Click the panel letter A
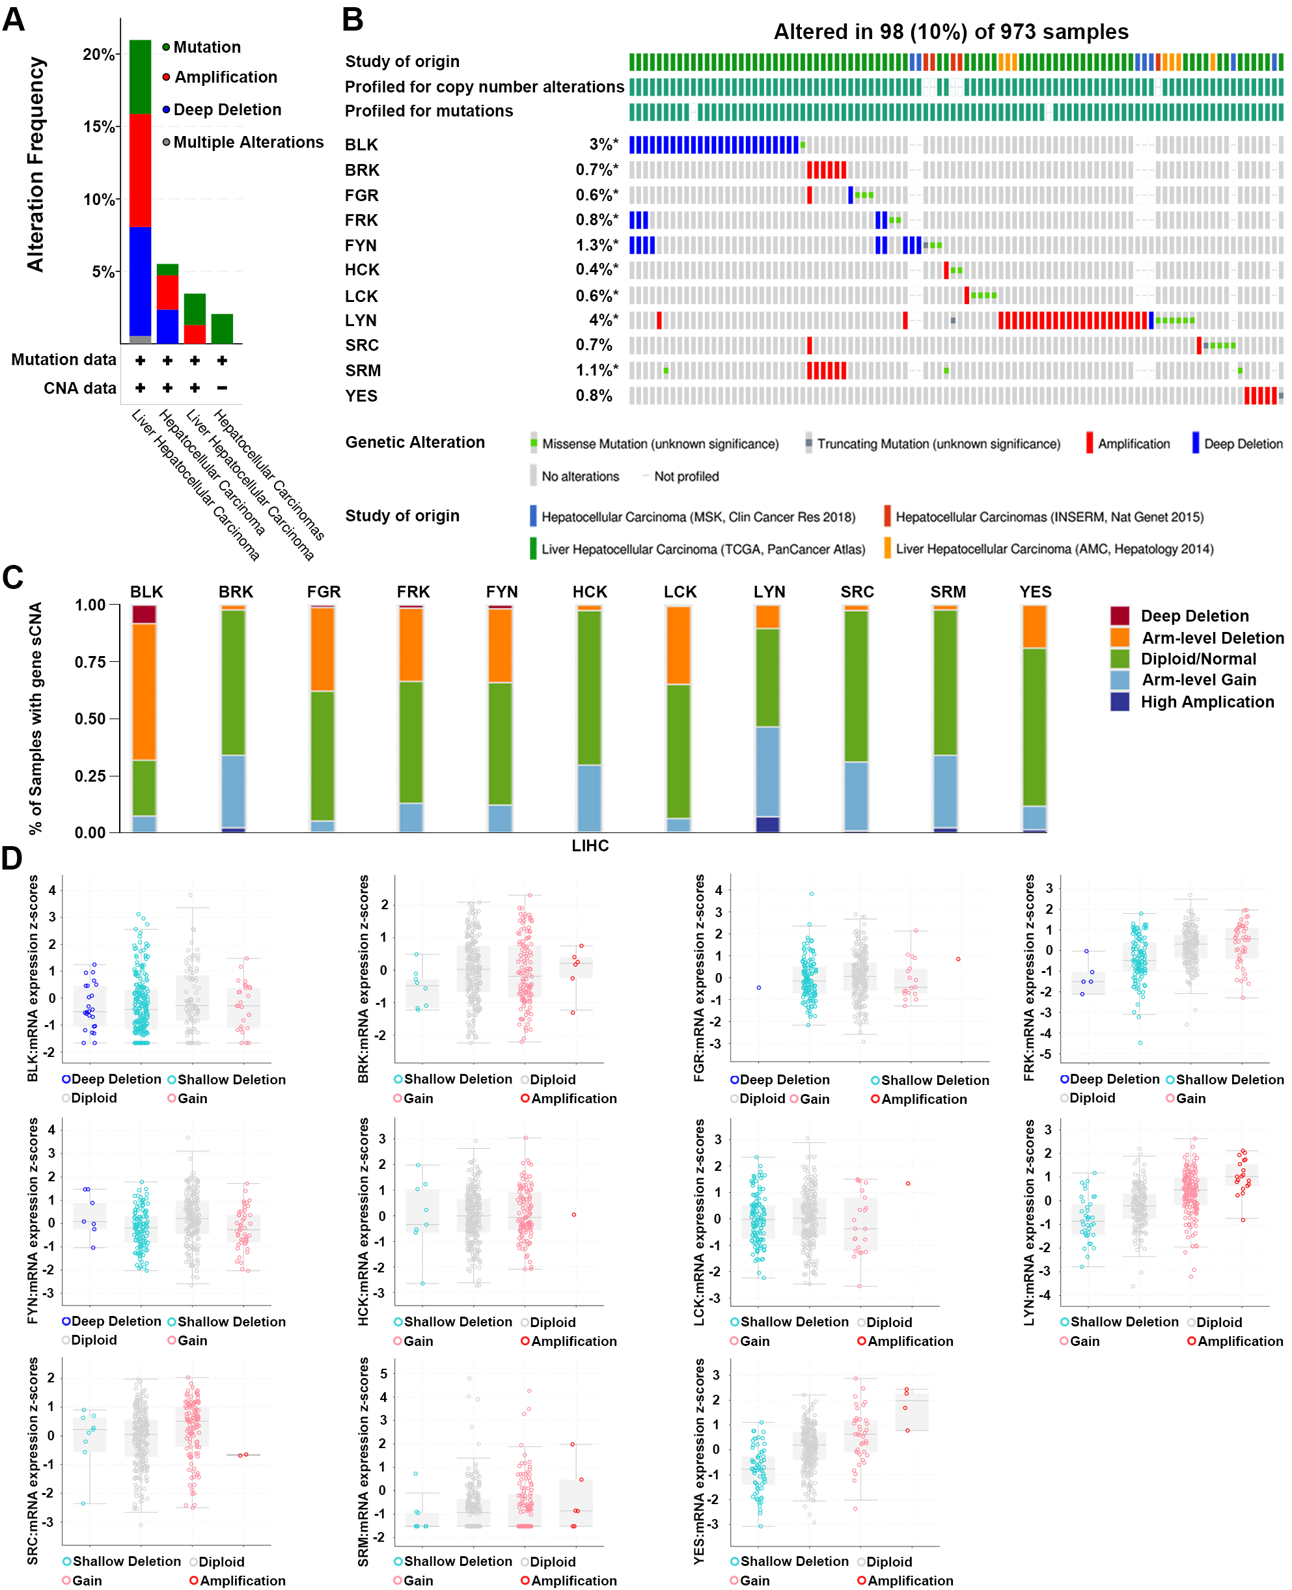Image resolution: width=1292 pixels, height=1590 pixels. [x=14, y=20]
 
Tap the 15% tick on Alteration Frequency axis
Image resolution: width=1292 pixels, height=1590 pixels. [x=99, y=126]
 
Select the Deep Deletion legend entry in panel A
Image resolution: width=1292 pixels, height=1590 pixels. [x=227, y=110]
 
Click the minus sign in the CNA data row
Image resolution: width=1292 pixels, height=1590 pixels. [x=222, y=388]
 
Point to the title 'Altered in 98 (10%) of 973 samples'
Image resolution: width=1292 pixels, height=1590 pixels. [x=950, y=32]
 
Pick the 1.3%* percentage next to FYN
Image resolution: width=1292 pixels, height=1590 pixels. [x=596, y=245]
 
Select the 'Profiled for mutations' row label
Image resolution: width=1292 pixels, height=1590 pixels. [x=429, y=111]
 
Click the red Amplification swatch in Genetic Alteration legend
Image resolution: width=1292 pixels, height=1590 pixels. [x=1090, y=443]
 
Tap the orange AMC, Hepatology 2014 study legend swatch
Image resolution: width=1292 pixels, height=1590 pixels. [x=887, y=549]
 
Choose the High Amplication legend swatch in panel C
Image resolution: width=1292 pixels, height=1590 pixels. [x=1120, y=702]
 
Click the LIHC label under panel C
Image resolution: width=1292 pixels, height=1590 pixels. [x=590, y=846]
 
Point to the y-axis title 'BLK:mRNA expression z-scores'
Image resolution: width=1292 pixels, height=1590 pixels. [x=33, y=978]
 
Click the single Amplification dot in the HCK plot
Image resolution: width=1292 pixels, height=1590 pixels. [x=574, y=1215]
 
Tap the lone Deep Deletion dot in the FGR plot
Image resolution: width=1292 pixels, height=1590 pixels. [x=758, y=987]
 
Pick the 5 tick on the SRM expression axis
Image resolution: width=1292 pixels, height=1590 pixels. [x=383, y=1373]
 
